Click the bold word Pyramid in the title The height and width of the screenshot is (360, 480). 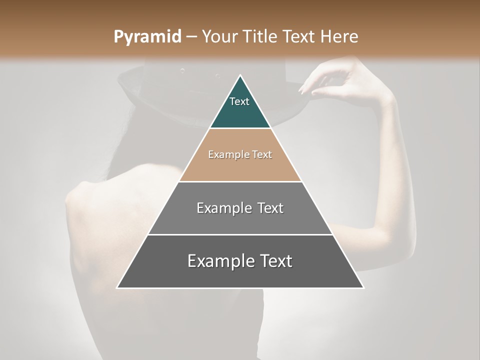click(x=147, y=37)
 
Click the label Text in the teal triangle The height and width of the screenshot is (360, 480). click(x=239, y=101)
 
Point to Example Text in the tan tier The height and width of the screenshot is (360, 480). click(x=240, y=154)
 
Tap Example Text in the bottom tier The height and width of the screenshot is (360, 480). click(x=240, y=261)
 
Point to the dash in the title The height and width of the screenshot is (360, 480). click(x=191, y=37)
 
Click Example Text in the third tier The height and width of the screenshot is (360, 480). click(x=240, y=208)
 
